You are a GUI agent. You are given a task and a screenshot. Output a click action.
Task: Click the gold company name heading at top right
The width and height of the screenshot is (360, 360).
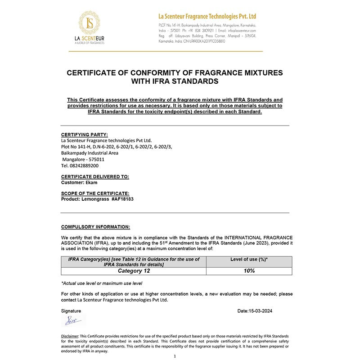coord(207,17)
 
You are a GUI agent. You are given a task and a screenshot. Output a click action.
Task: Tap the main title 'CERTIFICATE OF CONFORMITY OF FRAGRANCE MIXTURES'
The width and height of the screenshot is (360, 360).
coord(175,73)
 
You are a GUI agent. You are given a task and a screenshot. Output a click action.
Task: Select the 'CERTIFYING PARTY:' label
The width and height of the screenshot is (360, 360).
coord(84,135)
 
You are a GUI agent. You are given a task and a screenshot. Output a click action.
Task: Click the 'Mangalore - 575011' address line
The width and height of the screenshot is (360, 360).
coord(83,159)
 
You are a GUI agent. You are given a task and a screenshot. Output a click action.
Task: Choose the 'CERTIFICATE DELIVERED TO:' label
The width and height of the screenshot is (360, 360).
coord(95,177)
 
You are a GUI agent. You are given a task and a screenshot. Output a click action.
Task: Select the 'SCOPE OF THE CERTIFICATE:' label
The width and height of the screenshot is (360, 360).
coord(95,193)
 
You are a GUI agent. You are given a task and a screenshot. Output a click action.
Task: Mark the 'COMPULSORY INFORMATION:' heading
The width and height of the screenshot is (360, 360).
coord(95,227)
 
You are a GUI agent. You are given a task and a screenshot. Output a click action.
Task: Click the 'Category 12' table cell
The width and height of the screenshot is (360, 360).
coord(134,271)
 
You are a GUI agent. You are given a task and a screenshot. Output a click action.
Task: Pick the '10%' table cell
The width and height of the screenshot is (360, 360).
coord(249,271)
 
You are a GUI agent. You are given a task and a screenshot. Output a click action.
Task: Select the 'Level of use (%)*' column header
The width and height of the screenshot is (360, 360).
coord(249,260)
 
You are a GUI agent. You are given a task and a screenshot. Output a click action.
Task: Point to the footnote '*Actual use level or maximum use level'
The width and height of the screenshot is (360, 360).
coord(102,283)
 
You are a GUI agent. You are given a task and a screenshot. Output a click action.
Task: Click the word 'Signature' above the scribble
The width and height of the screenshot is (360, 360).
coord(71,311)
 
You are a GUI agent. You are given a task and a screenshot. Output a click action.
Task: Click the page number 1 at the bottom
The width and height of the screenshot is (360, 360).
coord(175,356)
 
